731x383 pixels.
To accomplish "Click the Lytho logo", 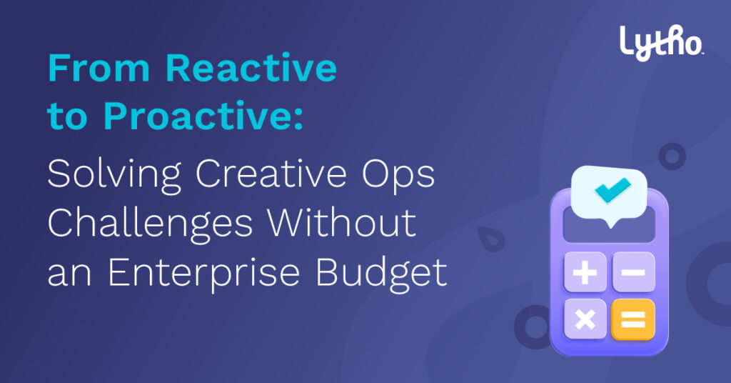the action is coord(661,42).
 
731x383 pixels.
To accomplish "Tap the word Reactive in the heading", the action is coord(251,68).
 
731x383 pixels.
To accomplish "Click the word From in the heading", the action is coord(99,68).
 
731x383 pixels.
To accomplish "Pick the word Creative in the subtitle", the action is coord(271,174).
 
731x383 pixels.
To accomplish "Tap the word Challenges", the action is coord(150,224).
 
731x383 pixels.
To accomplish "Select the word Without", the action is coord(341,222).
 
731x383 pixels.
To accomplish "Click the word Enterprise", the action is coord(203,274).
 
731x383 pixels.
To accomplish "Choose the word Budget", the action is coord(381,274).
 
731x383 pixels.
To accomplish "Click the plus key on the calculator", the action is coord(585,272).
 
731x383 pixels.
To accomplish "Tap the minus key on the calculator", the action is coord(633,272).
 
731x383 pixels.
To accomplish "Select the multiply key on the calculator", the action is coord(585,319).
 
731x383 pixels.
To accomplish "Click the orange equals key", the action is coord(633,319).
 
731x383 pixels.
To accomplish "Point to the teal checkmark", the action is coord(612,190).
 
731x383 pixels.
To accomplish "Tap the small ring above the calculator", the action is coord(672,156).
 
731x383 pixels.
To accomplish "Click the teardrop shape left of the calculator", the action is coord(491,239).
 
